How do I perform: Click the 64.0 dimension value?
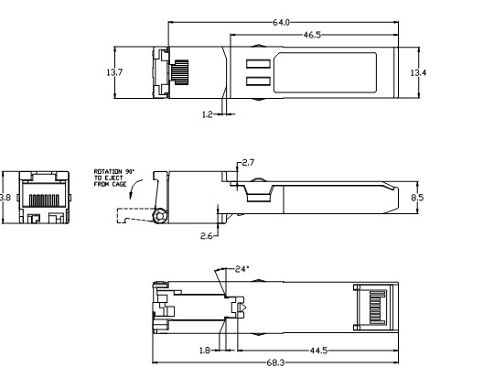(281, 21)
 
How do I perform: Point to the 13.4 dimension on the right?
(418, 71)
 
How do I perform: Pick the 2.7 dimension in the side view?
(249, 162)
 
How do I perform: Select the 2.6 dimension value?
(209, 235)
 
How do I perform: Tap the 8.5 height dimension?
(417, 196)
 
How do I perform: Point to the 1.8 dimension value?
(207, 350)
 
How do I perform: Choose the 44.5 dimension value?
(319, 350)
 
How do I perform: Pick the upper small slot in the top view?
(257, 63)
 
